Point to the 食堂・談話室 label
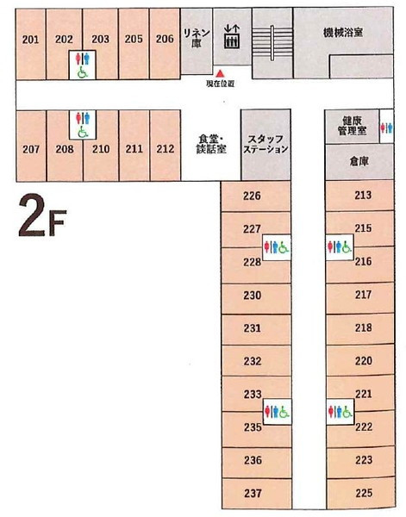click(x=209, y=143)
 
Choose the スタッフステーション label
click(x=265, y=143)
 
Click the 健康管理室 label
click(x=351, y=127)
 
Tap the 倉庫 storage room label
click(x=359, y=162)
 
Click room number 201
click(x=31, y=39)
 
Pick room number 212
click(x=166, y=148)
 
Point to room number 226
click(x=252, y=196)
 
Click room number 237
click(x=252, y=493)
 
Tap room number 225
click(x=363, y=493)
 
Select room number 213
click(x=363, y=196)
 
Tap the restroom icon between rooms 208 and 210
click(x=82, y=124)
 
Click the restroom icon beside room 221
click(x=340, y=412)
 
